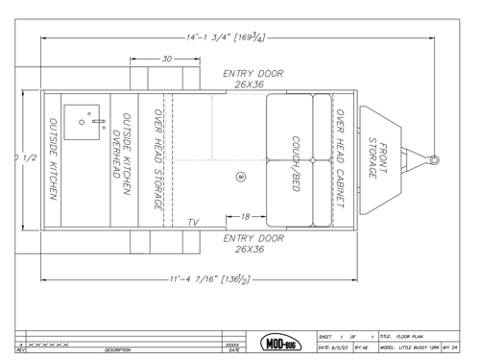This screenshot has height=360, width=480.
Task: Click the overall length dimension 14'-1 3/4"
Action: [227, 37]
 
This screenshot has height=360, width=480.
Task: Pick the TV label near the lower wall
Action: [193, 222]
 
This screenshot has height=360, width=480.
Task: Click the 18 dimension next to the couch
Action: [246, 216]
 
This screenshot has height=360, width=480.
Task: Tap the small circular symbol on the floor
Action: [240, 177]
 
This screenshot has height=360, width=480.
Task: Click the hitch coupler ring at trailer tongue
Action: [435, 159]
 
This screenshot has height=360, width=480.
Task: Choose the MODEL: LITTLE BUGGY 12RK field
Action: [410, 347]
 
